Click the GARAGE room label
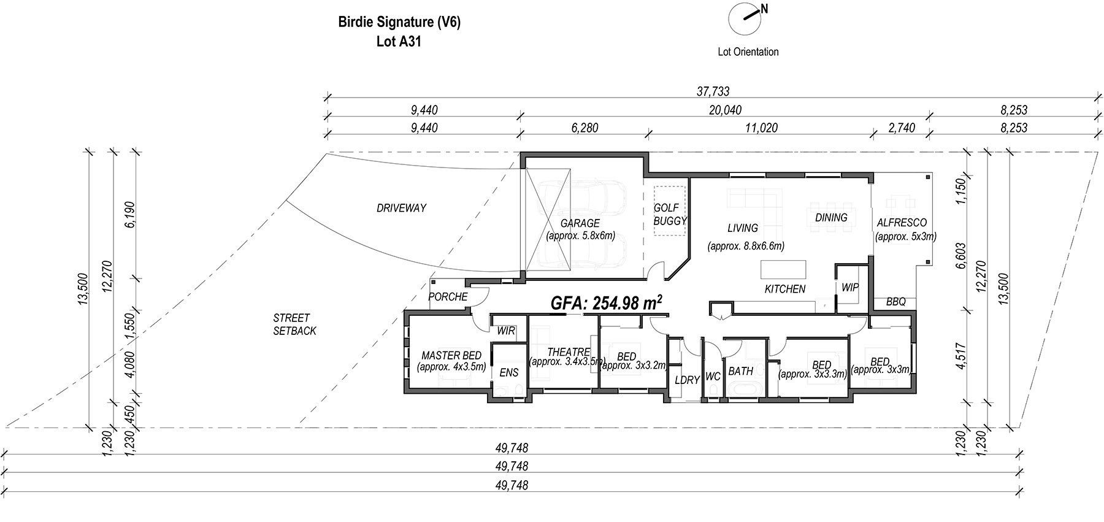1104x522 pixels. pyautogui.click(x=580, y=223)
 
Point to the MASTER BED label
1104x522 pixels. pyautogui.click(x=451, y=356)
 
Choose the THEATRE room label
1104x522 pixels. pyautogui.click(x=569, y=352)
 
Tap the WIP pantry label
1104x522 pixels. pyautogui.click(x=850, y=287)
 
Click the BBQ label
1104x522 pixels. pyautogui.click(x=896, y=302)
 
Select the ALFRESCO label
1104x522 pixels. pyautogui.click(x=902, y=223)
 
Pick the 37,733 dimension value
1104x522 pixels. pyautogui.click(x=713, y=92)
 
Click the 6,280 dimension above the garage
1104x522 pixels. pyautogui.click(x=584, y=128)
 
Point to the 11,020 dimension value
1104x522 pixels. pyautogui.click(x=762, y=128)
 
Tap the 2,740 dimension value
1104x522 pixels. pyautogui.click(x=901, y=128)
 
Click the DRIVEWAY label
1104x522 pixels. pyautogui.click(x=401, y=209)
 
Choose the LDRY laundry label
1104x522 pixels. pyautogui.click(x=687, y=380)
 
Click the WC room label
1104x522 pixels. pyautogui.click(x=713, y=377)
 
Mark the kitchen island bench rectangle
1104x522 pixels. pyautogui.click(x=784, y=271)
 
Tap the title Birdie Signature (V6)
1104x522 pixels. pyautogui.click(x=399, y=23)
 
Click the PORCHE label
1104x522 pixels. pyautogui.click(x=448, y=297)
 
